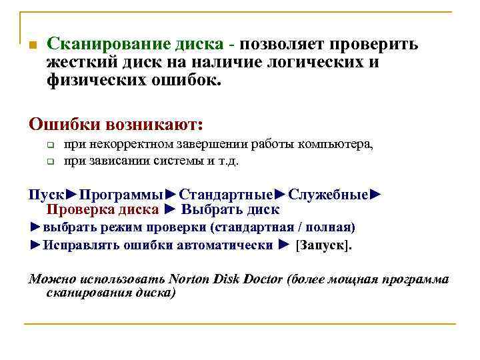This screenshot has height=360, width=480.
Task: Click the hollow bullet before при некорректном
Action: pos(49,145)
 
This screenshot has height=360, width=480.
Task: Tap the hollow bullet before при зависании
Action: pos(49,161)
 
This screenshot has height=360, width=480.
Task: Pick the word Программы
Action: pos(121,195)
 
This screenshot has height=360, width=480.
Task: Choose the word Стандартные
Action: pos(226,195)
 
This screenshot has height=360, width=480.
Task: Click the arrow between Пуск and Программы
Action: pos(71,195)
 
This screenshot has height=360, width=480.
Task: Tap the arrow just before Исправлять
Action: pos(35,245)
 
